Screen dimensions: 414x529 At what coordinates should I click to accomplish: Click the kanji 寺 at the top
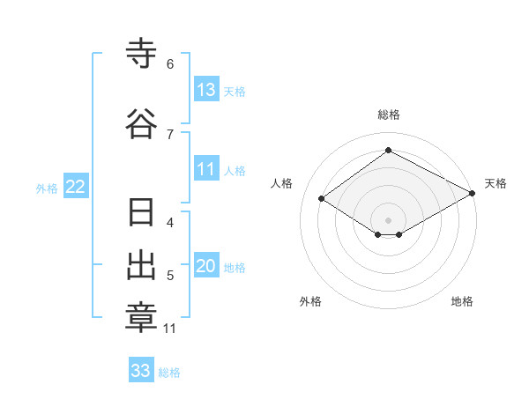coord(141,55)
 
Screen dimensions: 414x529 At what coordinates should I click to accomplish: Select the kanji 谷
coord(141,123)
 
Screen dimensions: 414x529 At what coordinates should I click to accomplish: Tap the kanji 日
coord(141,214)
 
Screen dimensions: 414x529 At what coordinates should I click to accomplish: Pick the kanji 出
coord(141,267)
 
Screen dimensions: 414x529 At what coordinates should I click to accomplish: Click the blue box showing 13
coord(206,89)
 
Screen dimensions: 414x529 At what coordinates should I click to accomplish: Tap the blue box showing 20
coord(206,266)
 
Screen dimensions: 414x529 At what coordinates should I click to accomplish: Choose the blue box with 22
coord(76,186)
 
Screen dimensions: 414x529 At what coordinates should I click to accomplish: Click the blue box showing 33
coord(141,371)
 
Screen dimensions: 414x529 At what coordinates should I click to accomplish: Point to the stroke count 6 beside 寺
coord(170,63)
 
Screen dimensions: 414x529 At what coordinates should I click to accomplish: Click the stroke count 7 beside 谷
coord(170,134)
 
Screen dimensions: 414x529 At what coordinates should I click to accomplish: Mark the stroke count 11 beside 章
coord(169,329)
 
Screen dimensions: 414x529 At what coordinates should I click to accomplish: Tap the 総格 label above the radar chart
coord(388,115)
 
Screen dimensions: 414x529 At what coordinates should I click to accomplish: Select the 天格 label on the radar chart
coord(495,183)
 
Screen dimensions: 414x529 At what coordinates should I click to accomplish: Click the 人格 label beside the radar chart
coord(282,183)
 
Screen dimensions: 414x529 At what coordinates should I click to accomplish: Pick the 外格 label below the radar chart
coord(310,301)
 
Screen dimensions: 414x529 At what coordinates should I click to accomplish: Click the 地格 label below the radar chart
coord(462,301)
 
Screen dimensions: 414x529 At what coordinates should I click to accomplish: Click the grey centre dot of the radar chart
coord(388,219)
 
